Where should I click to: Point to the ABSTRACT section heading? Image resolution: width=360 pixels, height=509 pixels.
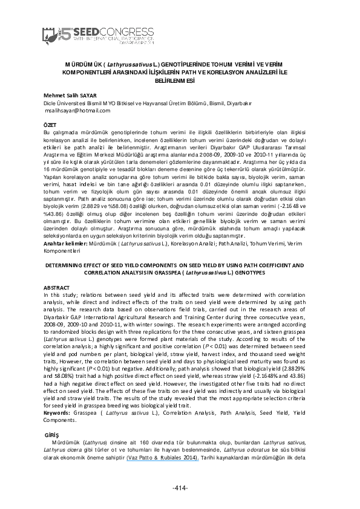[53, 286]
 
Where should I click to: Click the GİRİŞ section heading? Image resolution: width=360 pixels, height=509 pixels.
[54, 435]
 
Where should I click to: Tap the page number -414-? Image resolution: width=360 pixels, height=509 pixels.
[180, 488]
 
